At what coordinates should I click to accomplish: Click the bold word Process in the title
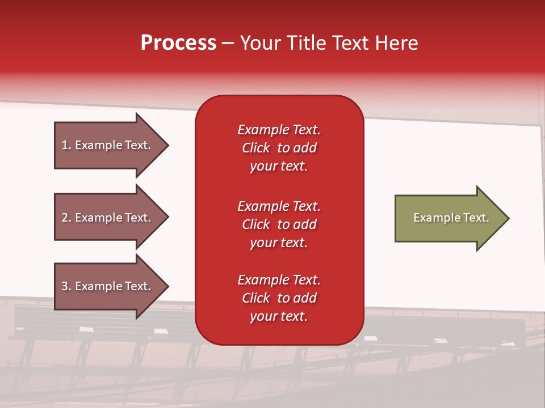178,43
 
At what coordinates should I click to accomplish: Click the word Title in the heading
307,43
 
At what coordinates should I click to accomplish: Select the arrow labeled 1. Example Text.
108,145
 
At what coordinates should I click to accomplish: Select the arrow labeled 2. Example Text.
108,217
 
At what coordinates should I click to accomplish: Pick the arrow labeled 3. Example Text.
108,286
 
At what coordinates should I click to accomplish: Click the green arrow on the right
448,218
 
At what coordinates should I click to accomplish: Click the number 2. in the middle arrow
66,217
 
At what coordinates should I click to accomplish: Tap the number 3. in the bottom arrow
66,286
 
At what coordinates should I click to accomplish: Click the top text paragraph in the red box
279,148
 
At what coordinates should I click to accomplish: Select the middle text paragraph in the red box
279,224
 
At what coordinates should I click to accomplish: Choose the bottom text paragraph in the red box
279,298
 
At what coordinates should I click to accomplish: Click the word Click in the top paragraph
255,148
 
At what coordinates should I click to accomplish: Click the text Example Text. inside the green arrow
451,218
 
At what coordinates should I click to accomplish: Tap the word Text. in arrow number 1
138,145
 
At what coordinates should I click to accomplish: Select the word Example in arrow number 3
98,286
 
